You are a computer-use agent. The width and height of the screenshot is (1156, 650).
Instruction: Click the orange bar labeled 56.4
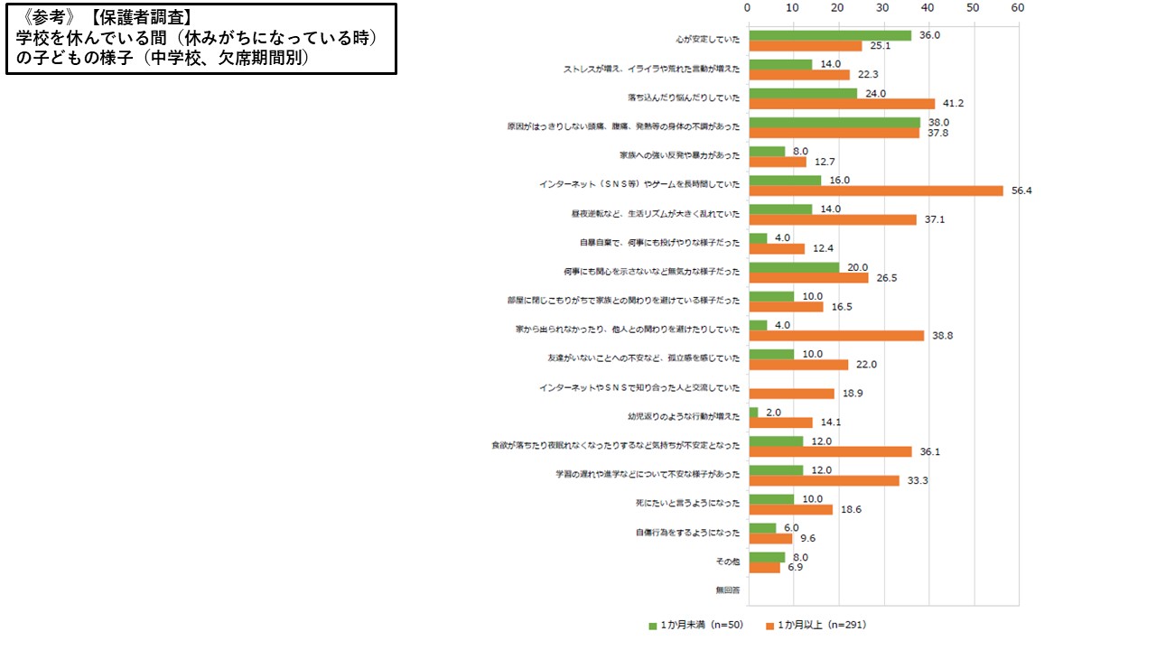[876, 190]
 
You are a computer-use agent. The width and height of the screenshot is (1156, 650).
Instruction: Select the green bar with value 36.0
[830, 35]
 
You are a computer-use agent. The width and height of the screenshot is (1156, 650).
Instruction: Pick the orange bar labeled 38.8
[836, 336]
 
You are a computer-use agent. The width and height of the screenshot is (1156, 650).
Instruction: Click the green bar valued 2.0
[753, 412]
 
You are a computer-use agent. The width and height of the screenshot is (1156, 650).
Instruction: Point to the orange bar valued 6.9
[764, 568]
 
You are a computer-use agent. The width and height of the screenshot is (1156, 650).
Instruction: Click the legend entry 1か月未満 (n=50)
[695, 625]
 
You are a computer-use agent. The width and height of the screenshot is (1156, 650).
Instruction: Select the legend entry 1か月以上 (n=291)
[816, 625]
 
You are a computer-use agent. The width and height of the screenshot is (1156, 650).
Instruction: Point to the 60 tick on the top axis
[1018, 7]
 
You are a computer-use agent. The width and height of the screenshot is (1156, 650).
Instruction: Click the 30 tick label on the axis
[883, 7]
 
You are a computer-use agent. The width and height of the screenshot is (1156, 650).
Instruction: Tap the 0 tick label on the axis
[748, 7]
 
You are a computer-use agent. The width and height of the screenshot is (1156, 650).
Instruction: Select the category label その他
[727, 562]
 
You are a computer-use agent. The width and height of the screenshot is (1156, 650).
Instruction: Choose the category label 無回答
[727, 590]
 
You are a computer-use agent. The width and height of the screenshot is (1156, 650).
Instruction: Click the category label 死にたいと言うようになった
[688, 504]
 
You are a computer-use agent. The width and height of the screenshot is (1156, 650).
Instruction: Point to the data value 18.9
[853, 394]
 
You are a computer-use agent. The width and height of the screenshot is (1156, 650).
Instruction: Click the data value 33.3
[918, 480]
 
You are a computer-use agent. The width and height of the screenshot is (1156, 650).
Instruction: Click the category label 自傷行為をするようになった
[687, 533]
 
